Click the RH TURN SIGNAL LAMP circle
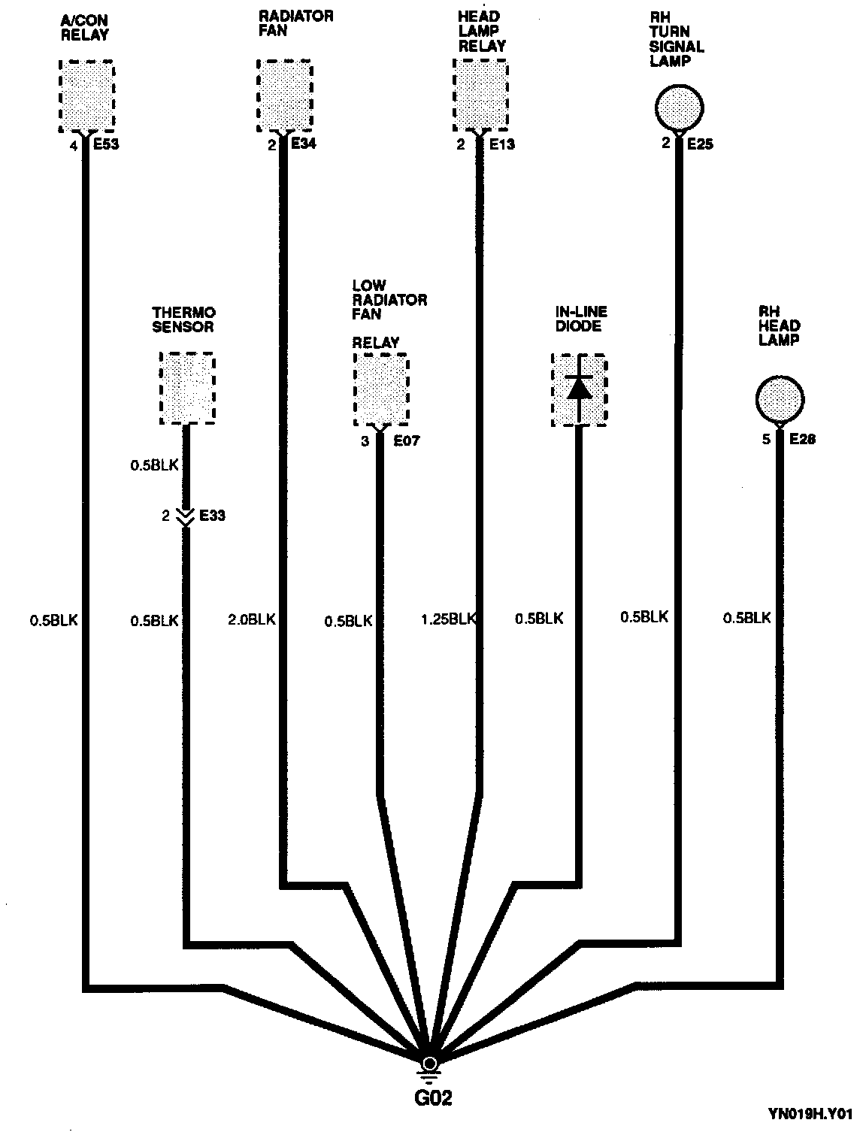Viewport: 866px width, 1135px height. (679, 107)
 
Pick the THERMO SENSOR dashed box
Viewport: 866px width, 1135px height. (187, 389)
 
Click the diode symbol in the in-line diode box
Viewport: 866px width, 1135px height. (579, 388)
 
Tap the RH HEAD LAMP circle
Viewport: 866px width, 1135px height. (780, 399)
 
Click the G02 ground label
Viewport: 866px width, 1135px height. (434, 1098)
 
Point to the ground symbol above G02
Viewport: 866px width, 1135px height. (429, 1067)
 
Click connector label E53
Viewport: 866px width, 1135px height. (105, 145)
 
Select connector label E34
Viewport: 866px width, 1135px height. (303, 144)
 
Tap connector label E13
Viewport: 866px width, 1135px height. (501, 144)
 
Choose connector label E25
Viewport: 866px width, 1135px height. (699, 144)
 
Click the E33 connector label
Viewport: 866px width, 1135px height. (211, 516)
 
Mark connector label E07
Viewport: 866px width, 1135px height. (406, 441)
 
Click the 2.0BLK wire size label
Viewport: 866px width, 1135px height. (252, 619)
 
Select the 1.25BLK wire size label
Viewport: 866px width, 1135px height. (447, 619)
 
